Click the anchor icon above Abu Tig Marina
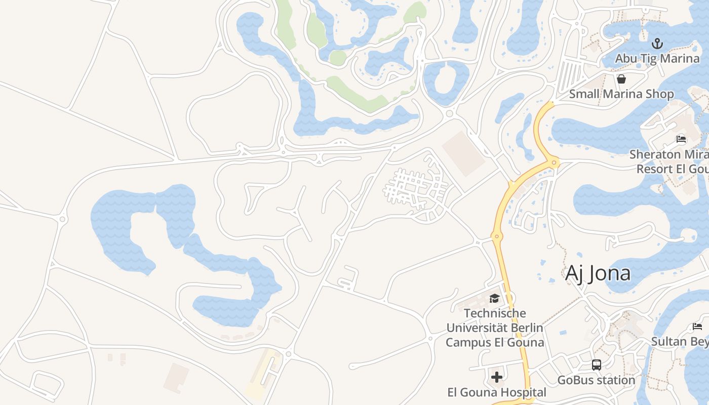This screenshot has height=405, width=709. point(657,43)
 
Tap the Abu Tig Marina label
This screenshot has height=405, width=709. point(657,58)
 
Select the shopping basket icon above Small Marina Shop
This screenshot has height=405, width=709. point(621,79)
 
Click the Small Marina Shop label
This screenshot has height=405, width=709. point(621,94)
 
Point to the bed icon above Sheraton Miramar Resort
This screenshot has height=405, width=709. point(681,139)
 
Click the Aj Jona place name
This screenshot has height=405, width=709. point(598,273)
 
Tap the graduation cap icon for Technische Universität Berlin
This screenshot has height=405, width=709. point(494,298)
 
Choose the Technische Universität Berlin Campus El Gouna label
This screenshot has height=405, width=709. point(495,328)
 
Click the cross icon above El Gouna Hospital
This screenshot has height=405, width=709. point(497,377)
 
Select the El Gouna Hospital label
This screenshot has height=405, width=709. point(497,392)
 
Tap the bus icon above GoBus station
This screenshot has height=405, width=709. point(597,365)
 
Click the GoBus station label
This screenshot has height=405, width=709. point(596,380)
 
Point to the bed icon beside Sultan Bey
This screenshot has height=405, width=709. point(697,327)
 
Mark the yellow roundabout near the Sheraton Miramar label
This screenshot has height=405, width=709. point(554,163)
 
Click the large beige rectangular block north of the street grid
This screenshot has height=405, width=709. point(463,153)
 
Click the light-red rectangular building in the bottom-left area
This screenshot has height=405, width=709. point(176,378)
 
